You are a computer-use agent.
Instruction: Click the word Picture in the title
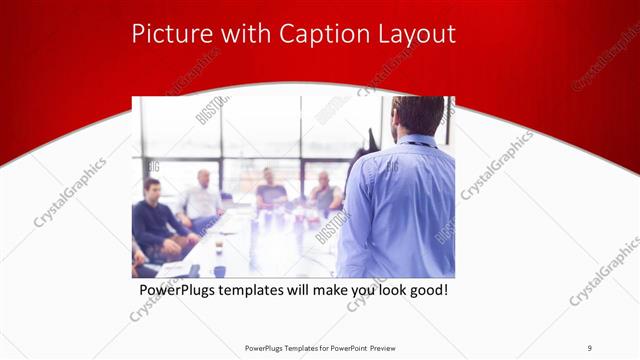169,34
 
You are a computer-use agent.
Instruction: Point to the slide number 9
589,347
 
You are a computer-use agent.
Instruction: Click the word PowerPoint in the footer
346,347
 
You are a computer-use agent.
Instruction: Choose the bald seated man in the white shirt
203,198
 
